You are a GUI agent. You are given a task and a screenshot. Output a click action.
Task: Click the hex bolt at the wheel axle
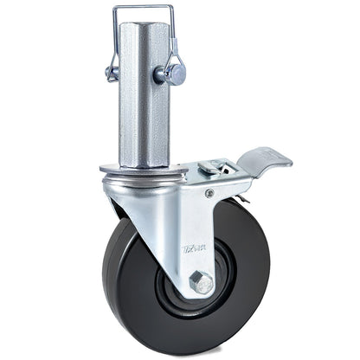click(x=200, y=282)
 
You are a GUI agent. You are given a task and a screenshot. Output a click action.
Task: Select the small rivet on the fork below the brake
click(x=209, y=193)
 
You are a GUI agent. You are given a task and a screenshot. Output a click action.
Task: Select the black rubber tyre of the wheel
click(x=130, y=294)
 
